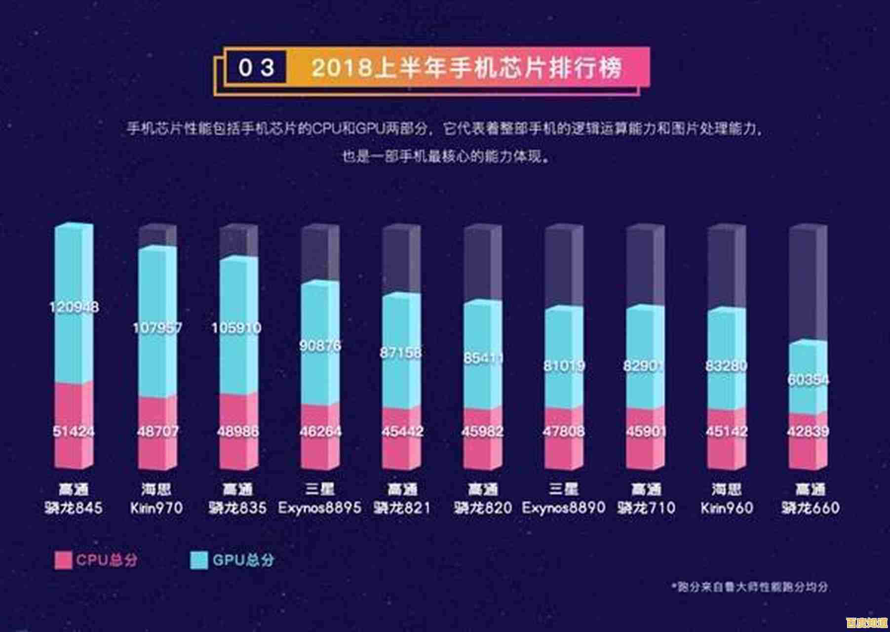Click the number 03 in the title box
(256, 68)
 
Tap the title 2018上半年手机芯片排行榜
(466, 68)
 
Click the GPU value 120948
(74, 307)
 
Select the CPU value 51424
(74, 431)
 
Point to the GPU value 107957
(157, 327)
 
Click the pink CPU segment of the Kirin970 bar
(157, 444)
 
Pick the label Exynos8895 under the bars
(319, 507)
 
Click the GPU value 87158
(401, 353)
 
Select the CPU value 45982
(482, 431)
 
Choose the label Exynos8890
(563, 507)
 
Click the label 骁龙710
(646, 507)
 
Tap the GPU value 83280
(726, 366)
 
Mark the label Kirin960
(726, 507)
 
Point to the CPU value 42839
(808, 431)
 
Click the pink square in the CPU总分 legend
(63, 560)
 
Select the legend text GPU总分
(243, 560)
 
